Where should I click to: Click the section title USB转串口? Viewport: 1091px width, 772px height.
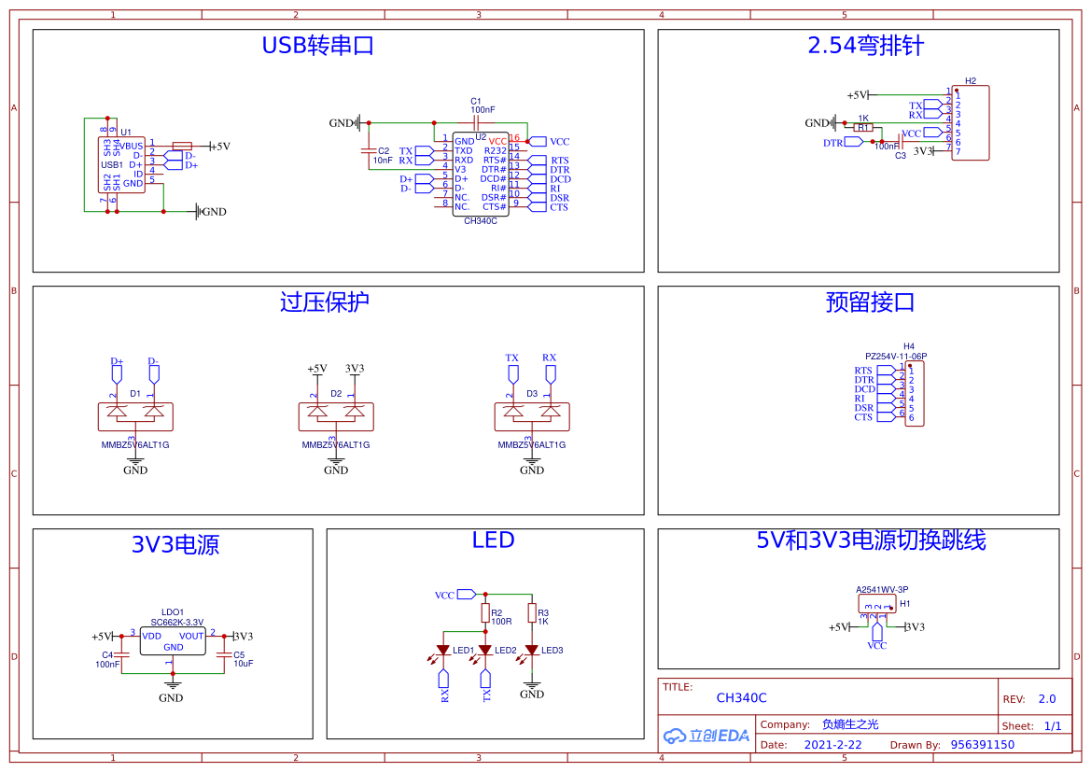coord(317,46)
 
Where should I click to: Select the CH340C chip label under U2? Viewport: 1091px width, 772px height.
coord(480,221)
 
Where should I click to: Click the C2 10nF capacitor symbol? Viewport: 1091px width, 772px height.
coord(369,150)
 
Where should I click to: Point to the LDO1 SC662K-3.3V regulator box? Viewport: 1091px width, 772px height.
coord(173,640)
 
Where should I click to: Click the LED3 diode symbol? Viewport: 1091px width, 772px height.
coord(531,650)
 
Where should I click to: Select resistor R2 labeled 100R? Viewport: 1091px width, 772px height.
coord(485,613)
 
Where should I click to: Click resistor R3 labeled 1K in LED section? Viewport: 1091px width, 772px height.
coord(531,613)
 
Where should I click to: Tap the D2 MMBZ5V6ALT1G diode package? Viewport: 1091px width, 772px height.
coord(336,416)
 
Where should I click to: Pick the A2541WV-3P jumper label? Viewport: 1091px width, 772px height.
coord(882,589)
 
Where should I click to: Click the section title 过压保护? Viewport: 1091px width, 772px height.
coord(324,302)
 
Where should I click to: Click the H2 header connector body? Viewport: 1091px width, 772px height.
coord(970,123)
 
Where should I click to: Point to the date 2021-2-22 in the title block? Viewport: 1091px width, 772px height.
coord(832,745)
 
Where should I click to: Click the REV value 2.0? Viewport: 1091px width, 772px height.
coord(1046,699)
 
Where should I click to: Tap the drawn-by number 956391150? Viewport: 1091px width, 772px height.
coord(982,745)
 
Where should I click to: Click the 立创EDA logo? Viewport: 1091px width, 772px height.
coord(706,736)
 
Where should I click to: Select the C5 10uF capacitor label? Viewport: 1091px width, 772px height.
coord(243,659)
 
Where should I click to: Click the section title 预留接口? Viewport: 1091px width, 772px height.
coord(870,302)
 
